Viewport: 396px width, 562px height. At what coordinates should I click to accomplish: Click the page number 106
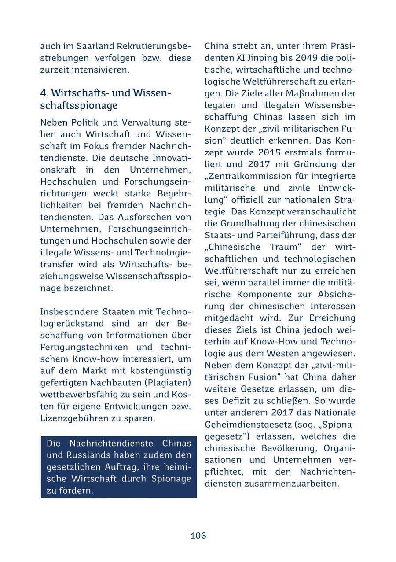coord(198,536)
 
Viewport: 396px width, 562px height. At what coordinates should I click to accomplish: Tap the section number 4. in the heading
coord(44,93)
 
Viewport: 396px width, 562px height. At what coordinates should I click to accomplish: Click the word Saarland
coord(97,46)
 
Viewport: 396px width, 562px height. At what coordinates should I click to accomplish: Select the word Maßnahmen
coord(306,94)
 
